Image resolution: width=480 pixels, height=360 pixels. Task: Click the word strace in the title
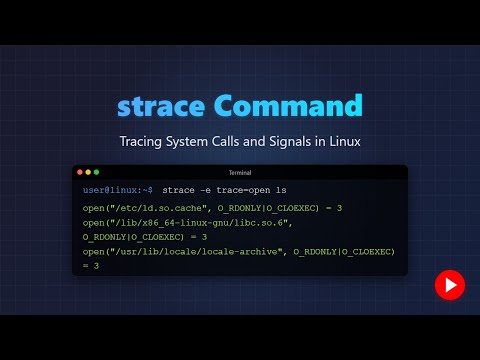159,105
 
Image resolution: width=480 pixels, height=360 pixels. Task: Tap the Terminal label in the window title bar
240,172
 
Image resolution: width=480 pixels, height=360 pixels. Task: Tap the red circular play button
449,285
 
